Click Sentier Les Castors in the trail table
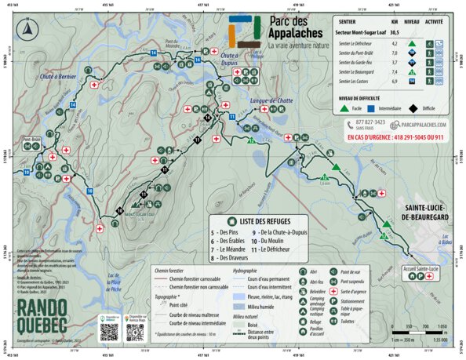click(356, 80)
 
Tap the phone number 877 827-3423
click(370, 123)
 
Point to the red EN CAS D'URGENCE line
click(395, 137)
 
